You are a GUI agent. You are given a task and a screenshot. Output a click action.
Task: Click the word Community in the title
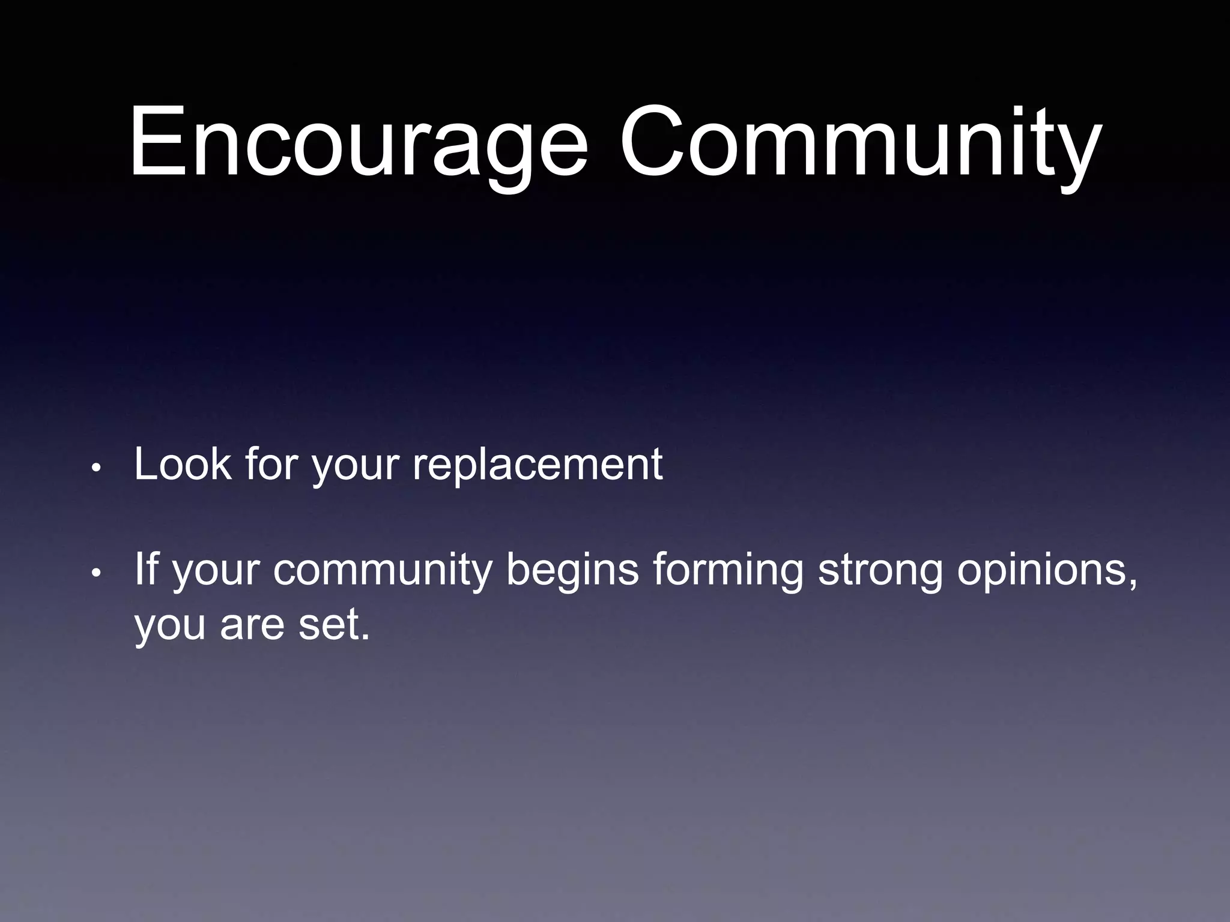(x=860, y=144)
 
